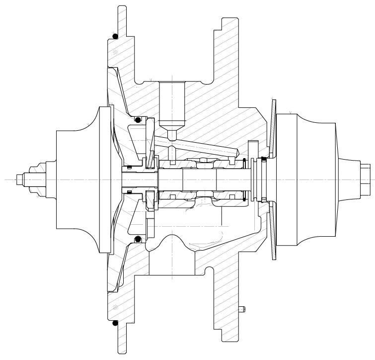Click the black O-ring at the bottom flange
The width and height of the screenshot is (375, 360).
[115, 323]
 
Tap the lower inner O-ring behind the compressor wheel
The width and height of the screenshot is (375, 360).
[139, 241]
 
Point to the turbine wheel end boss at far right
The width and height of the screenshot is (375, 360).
[365, 179]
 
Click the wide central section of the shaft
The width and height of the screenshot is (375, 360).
[199, 179]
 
